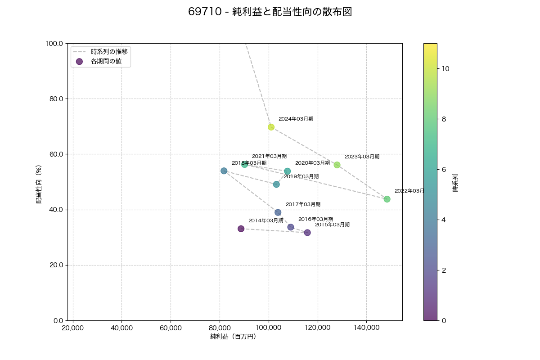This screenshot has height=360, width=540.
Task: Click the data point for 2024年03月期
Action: click(x=271, y=127)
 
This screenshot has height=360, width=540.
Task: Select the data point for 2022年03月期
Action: click(x=387, y=199)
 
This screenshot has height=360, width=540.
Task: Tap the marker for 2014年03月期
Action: click(x=241, y=229)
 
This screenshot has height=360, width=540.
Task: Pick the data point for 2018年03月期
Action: click(x=224, y=171)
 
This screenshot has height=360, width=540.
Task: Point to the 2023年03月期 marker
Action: click(x=337, y=165)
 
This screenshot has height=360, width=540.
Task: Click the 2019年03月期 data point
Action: click(x=276, y=184)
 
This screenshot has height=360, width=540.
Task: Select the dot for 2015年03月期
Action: click(x=307, y=233)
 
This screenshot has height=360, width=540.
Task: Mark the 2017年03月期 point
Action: click(x=278, y=212)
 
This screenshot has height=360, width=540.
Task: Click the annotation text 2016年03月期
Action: click(x=315, y=219)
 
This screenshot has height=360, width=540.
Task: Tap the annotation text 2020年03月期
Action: click(x=312, y=163)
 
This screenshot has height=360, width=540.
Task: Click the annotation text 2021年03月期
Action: click(x=269, y=156)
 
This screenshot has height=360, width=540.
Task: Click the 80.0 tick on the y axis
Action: click(x=55, y=99)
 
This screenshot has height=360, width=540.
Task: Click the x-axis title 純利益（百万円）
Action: click(x=233, y=337)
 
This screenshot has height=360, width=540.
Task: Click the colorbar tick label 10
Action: click(x=445, y=69)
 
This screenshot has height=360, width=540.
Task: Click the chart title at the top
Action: click(x=270, y=12)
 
